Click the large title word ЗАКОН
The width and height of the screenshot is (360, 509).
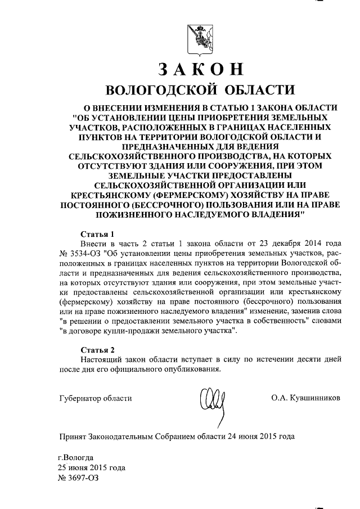[x=200, y=69]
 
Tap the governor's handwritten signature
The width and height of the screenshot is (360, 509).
[x=215, y=402]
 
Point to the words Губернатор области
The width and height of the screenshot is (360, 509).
[x=95, y=398]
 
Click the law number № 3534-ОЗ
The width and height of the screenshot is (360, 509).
[x=79, y=254]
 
